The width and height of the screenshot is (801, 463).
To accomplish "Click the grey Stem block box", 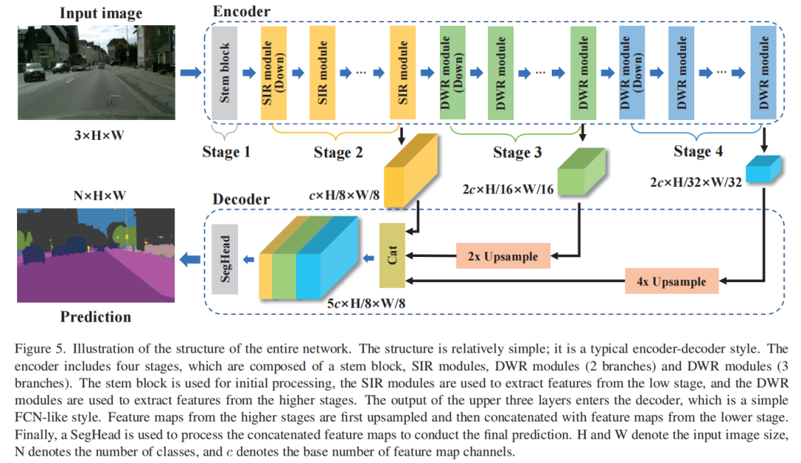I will (224, 73).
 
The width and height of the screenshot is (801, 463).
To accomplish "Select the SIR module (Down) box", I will (273, 73).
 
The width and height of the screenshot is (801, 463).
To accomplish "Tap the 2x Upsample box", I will (503, 256).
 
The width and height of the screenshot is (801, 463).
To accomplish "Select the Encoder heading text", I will (241, 12).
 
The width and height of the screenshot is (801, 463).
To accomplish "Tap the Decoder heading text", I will (241, 199).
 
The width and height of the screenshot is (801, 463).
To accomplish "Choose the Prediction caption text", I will (96, 316).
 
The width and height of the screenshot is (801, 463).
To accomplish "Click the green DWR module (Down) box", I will (452, 73).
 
